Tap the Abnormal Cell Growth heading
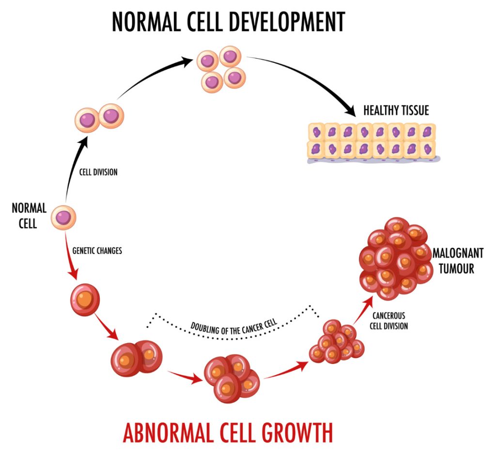tap(228, 432)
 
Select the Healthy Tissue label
tap(396, 110)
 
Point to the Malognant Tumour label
tap(453, 261)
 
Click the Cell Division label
tap(98, 172)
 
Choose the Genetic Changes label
tap(97, 251)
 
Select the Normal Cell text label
tap(30, 216)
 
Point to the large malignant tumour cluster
tap(395, 258)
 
